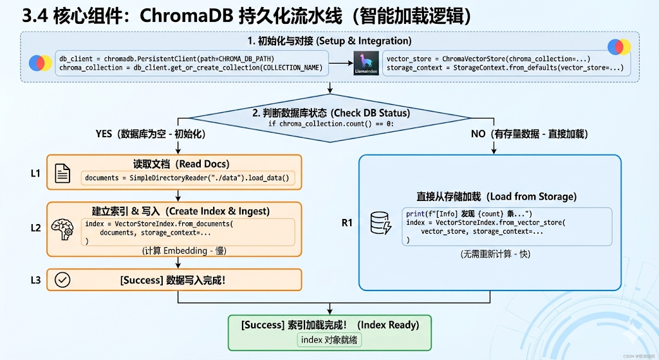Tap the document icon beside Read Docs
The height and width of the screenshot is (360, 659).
62,173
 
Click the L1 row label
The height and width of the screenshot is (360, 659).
35,173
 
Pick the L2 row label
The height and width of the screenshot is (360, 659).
35,228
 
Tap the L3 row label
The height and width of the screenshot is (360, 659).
35,279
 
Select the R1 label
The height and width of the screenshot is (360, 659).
348,223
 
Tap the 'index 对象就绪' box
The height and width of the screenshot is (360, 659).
329,339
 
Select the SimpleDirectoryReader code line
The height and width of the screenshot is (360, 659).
187,178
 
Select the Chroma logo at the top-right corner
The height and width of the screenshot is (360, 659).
619,47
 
